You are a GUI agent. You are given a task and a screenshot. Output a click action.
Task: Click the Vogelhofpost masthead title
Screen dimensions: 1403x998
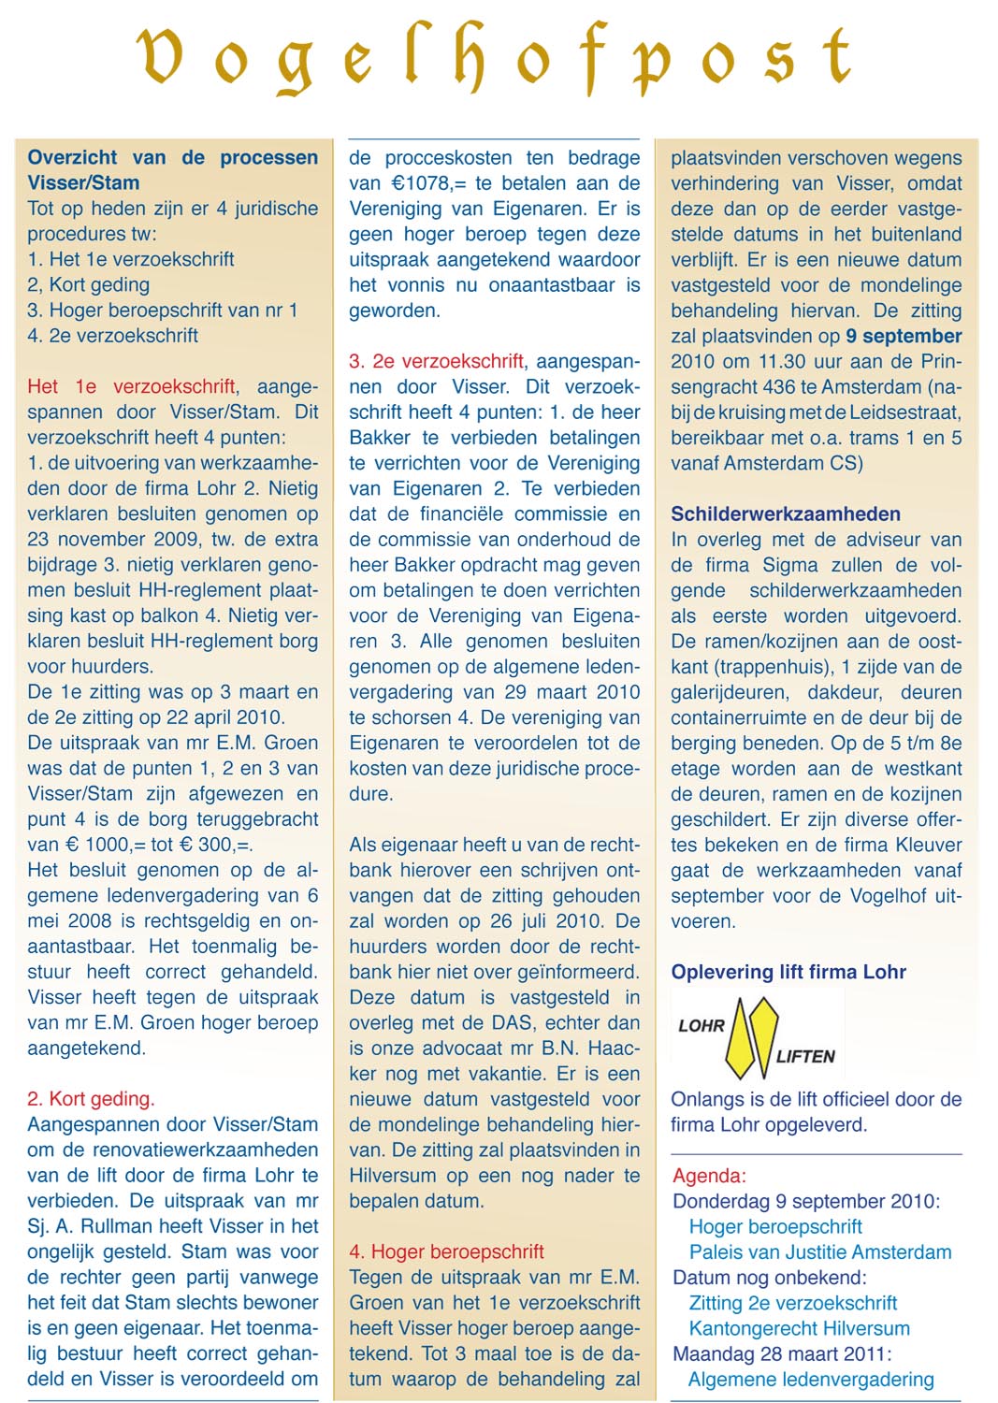pos(496,58)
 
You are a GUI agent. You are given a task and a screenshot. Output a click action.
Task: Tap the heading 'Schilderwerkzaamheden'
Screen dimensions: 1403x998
pos(786,513)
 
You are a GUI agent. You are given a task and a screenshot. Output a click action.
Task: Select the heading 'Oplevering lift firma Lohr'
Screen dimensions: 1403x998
pos(788,972)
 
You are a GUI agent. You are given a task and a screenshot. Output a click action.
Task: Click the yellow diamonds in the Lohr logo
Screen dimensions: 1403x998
pos(753,1036)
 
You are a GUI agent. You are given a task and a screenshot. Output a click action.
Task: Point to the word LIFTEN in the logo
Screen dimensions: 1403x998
pos(805,1056)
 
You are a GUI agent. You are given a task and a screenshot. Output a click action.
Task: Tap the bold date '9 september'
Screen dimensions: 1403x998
pos(904,336)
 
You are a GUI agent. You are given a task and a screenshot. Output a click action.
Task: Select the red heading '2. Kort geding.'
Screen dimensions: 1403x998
pos(91,1099)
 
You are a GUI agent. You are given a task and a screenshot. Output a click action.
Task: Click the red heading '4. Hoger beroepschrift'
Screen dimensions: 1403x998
pos(446,1251)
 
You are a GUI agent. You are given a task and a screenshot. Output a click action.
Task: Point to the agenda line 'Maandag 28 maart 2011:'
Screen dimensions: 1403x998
pos(782,1353)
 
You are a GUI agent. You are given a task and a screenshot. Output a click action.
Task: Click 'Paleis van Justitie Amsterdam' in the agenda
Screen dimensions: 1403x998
pos(820,1251)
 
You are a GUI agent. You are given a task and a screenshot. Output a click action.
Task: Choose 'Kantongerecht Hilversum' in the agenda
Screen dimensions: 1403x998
pos(799,1328)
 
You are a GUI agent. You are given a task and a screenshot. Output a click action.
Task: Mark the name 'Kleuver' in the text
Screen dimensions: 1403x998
pos(929,845)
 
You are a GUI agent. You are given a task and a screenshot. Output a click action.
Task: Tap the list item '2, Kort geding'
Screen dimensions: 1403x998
pos(89,284)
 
